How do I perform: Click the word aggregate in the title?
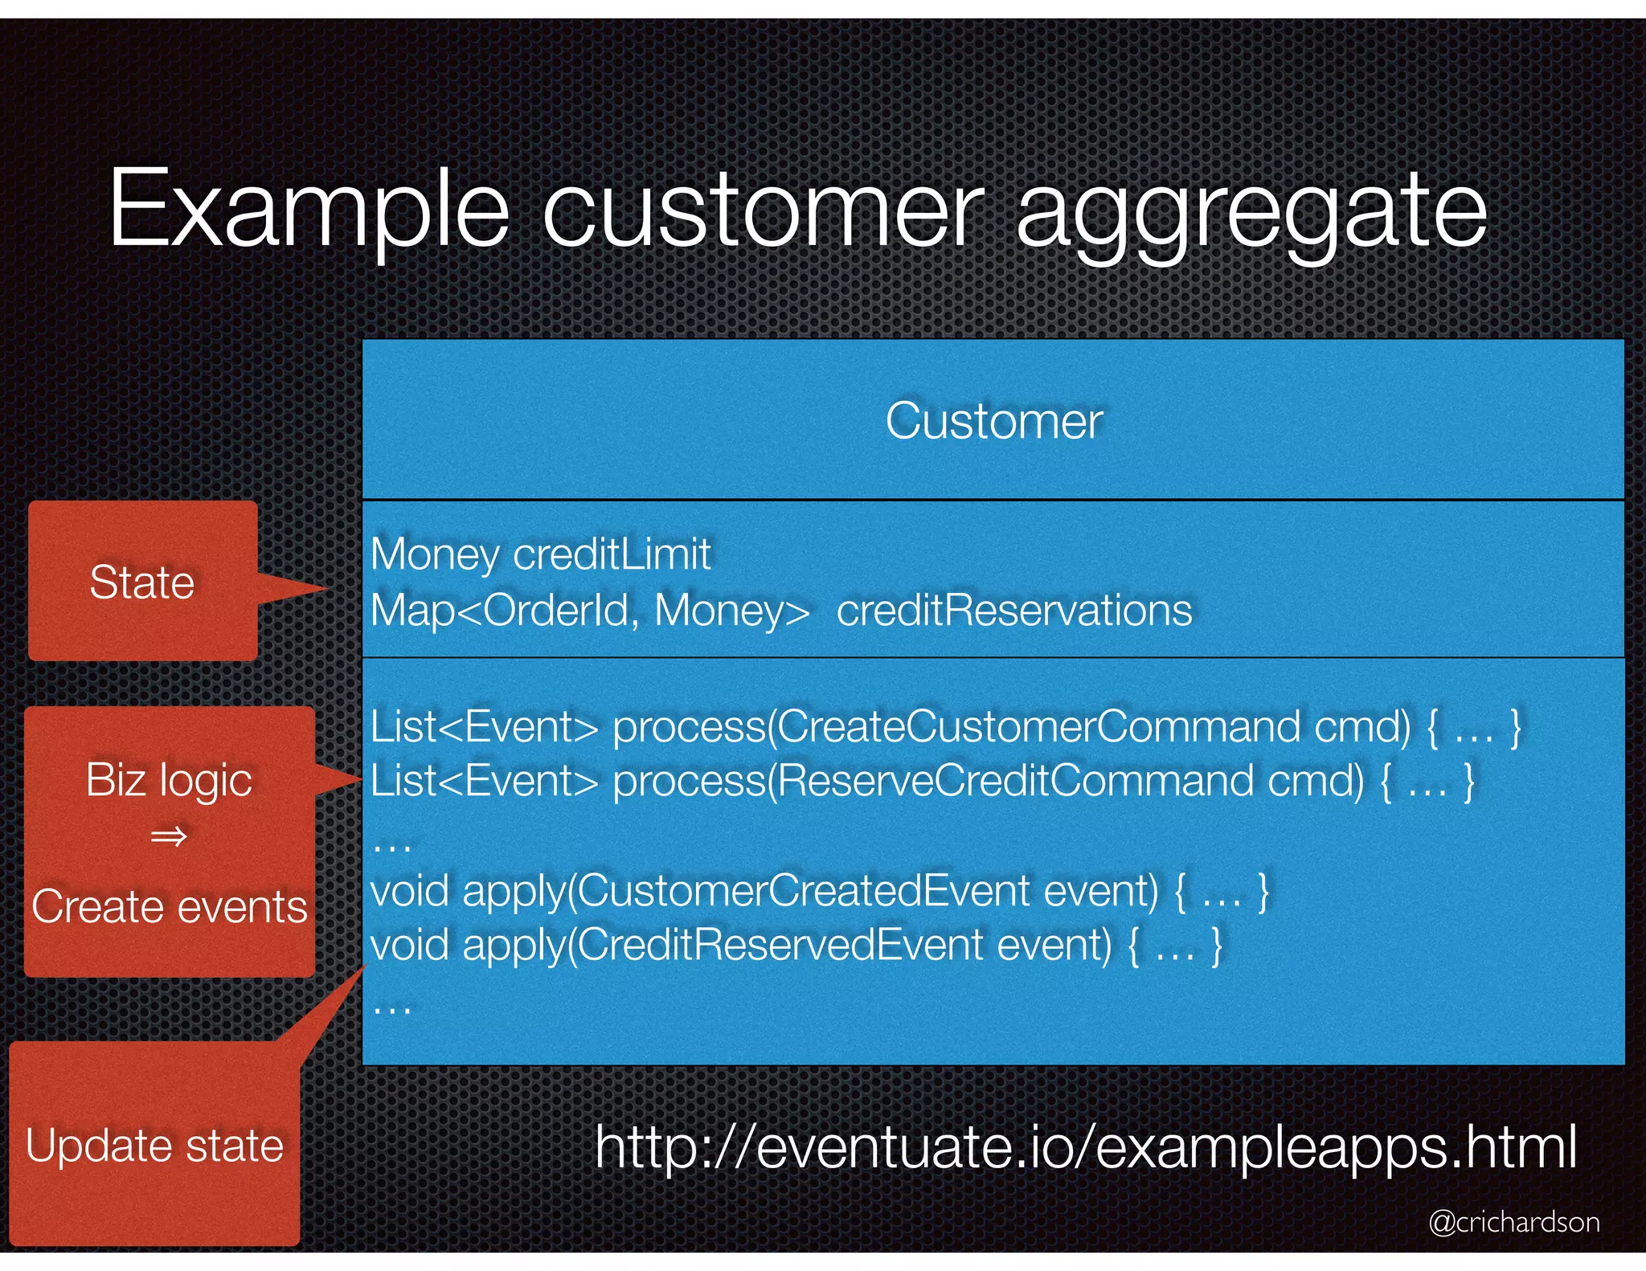(x=1251, y=210)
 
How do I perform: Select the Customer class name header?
(x=993, y=420)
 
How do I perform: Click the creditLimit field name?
(x=612, y=554)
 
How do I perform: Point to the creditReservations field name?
(x=1014, y=611)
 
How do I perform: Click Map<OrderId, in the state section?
(x=505, y=611)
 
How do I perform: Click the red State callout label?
(x=142, y=582)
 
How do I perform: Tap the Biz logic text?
(x=169, y=780)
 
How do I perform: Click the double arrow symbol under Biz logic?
(x=169, y=837)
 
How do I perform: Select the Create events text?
(x=169, y=907)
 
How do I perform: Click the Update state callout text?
(x=154, y=1146)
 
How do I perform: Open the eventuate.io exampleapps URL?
(x=1085, y=1147)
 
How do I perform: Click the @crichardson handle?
(x=1514, y=1222)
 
